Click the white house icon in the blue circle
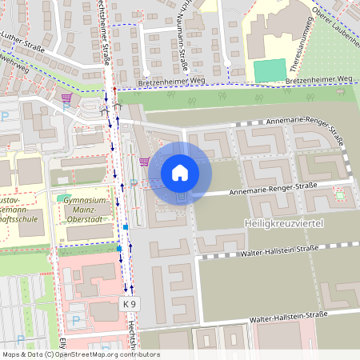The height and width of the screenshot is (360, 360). pos(180,173)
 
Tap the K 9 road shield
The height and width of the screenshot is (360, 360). pos(130,305)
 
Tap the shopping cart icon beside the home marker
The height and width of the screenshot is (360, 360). pos(143,162)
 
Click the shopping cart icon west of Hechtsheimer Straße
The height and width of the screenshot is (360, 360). pos(67,99)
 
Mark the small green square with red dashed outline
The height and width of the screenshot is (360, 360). pos(340,195)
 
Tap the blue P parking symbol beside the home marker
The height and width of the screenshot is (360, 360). pos(133,182)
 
